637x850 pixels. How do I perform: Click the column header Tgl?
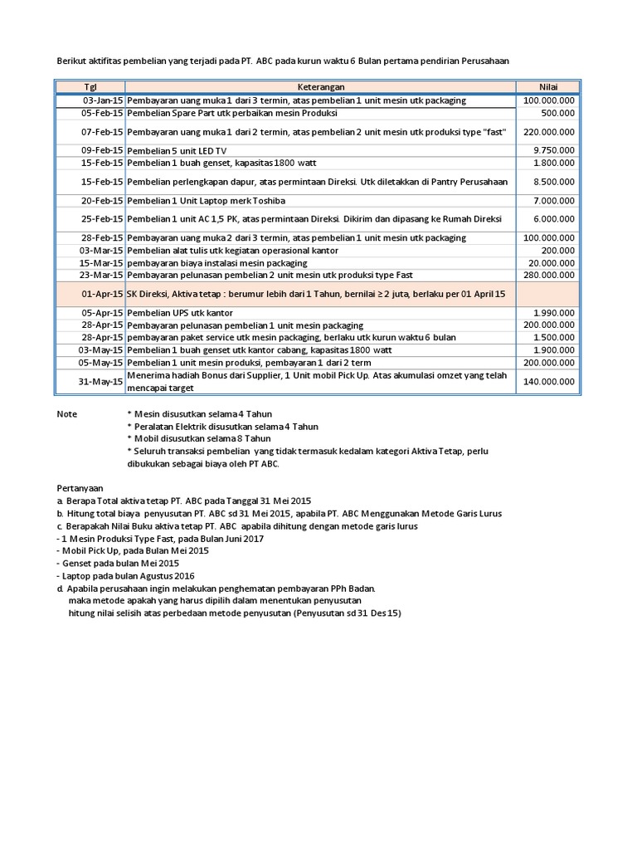pos(90,86)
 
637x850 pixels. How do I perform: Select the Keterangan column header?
pos(320,86)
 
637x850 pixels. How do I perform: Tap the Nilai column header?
pos(547,86)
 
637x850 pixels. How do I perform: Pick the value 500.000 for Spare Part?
pos(558,113)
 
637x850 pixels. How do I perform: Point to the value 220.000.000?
pos(549,132)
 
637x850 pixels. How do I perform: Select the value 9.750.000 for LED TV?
pos(555,150)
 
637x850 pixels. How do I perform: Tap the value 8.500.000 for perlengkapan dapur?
pos(555,182)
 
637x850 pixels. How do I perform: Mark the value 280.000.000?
pos(549,275)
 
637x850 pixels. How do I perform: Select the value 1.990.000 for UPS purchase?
pos(555,313)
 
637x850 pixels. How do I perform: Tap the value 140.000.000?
pos(549,382)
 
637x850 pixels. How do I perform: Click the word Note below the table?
pos(66,414)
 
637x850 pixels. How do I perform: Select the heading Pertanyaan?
pos(81,489)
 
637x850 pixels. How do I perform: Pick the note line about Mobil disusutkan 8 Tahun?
pos(199,438)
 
